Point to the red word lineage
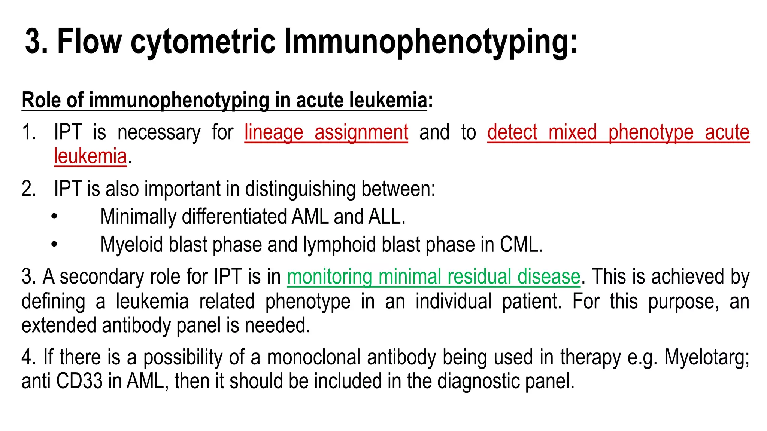tap(274, 133)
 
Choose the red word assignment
tap(361, 133)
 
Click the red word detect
tap(512, 133)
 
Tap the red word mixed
tap(572, 133)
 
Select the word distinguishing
tap(300, 189)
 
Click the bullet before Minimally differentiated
tap(55, 217)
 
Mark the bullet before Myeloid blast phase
tap(55, 245)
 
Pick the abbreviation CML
tap(520, 245)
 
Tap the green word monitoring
tap(329, 277)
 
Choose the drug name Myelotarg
tap(706, 357)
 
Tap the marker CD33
tap(79, 381)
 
